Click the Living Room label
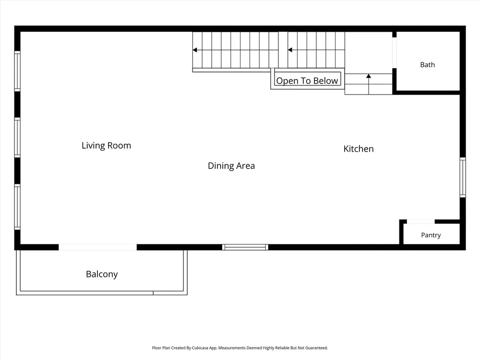pos(106,145)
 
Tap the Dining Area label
pos(231,166)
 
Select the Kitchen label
pos(359,149)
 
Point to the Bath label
pos(427,65)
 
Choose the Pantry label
pos(431,235)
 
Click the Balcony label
pos(102,274)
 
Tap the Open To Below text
pos(307,81)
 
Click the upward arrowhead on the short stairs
pos(369,76)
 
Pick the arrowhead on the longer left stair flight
pos(195,50)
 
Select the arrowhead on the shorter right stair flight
pos(290,50)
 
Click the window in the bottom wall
pos(245,247)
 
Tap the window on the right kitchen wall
pos(463,177)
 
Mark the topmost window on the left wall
pos(17,71)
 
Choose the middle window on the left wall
pos(17,137)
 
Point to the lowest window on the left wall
pos(17,206)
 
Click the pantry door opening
pos(420,221)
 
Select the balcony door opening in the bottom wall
pos(97,247)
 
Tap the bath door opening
pos(394,53)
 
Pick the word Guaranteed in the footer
pos(316,348)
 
